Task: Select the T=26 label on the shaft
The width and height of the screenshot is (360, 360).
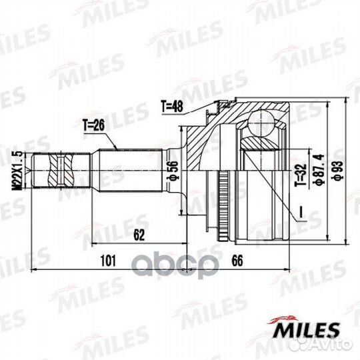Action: click(x=95, y=125)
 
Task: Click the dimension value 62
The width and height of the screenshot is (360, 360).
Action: click(x=139, y=234)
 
